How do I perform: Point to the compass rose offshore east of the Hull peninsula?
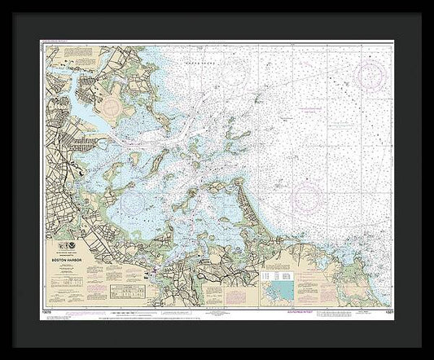coord(309,196)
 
